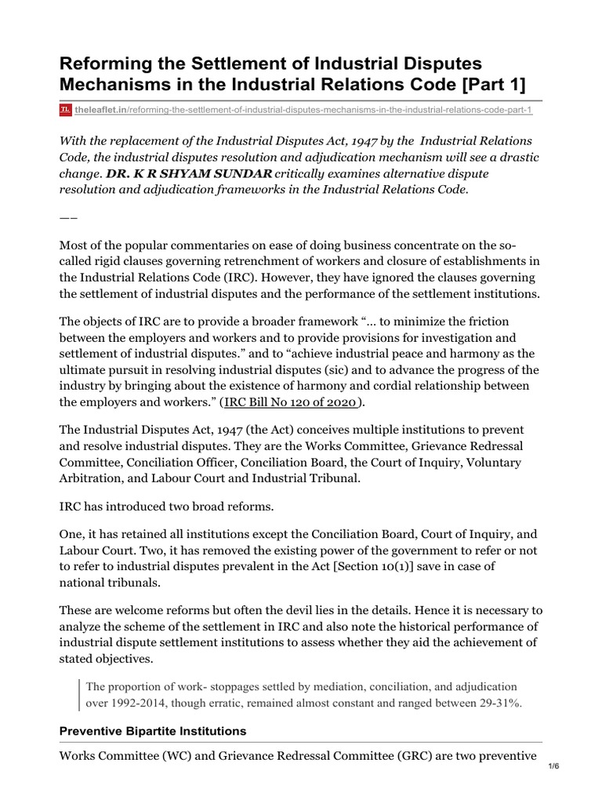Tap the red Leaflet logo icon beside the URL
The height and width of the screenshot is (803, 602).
point(66,110)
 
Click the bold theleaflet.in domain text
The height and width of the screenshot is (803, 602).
point(103,110)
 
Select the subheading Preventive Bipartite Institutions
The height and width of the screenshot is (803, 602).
point(153,731)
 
